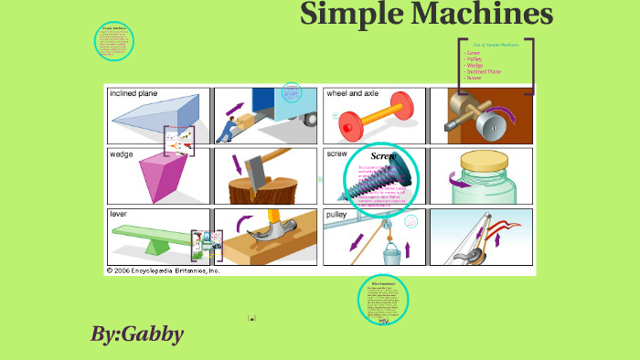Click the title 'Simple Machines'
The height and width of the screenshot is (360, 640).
click(x=426, y=16)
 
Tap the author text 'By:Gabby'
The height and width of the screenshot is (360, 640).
click(x=136, y=334)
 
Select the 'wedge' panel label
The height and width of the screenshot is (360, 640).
click(x=122, y=154)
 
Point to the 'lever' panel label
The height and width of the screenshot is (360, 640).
click(x=119, y=214)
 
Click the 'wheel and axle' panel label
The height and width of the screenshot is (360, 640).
click(x=354, y=93)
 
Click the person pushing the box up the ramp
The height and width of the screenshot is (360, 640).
click(x=226, y=124)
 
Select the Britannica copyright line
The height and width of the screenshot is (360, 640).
click(x=164, y=270)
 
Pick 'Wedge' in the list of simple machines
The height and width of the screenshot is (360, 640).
click(x=475, y=65)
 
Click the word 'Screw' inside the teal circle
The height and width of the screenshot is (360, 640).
click(x=383, y=156)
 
